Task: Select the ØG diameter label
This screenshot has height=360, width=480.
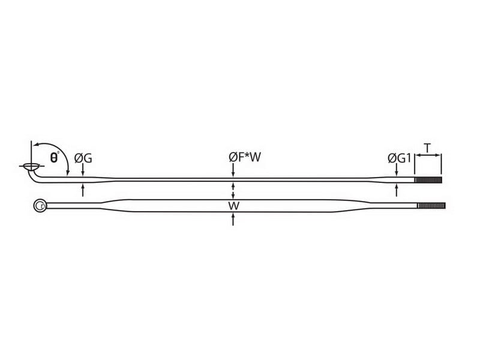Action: coord(83,158)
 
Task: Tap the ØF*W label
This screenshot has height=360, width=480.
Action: coord(245,158)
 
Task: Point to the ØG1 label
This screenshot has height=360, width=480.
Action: coord(398,158)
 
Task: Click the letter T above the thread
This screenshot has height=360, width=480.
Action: coord(427,148)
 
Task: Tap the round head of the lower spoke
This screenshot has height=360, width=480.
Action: coord(40,206)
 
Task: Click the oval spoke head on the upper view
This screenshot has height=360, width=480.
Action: coord(30,166)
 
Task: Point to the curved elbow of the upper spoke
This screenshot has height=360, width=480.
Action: coord(34,176)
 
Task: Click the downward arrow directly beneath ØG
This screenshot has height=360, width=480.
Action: coord(83,172)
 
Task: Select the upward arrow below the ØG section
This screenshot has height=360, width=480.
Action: coord(83,190)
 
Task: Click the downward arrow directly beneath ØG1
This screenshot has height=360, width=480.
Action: coord(396,172)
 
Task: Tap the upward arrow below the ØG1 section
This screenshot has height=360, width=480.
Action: coord(396,190)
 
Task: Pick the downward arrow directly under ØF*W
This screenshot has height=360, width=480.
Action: coord(233,172)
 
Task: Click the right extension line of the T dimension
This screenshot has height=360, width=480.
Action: coord(441,164)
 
